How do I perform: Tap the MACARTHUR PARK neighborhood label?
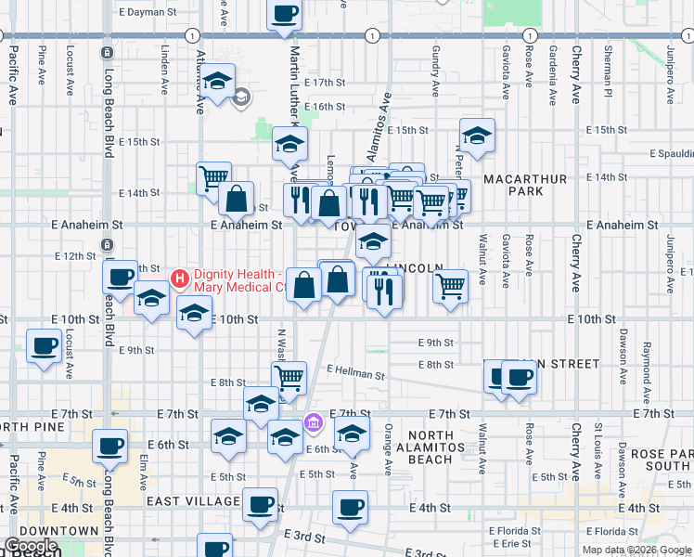510,183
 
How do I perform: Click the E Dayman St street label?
148,12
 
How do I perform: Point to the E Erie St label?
525,543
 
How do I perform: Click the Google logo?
31,546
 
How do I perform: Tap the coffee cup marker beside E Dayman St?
285,14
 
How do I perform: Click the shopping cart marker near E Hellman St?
289,377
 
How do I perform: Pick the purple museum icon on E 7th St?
314,423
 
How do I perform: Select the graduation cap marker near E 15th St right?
477,136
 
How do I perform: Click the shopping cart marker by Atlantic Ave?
213,176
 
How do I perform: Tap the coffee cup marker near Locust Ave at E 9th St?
44,344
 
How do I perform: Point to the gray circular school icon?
242,97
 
